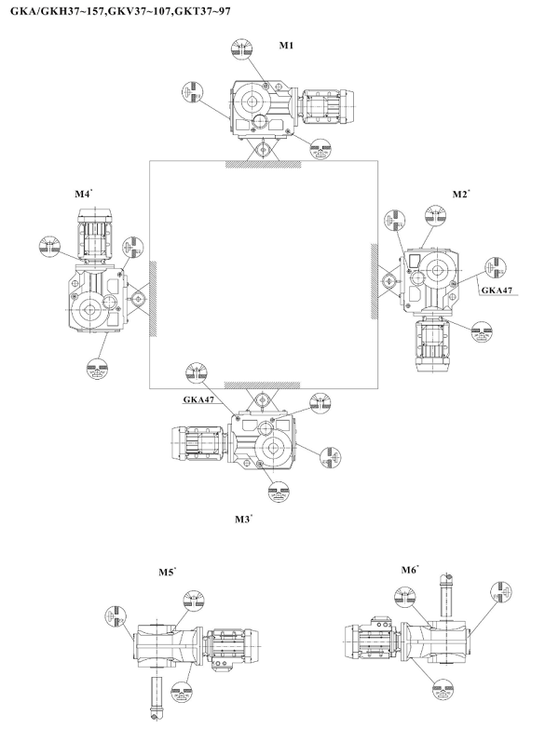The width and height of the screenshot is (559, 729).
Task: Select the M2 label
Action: tap(459, 195)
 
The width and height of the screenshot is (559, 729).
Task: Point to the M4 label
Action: tap(83, 195)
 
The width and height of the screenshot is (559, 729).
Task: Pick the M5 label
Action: tap(167, 573)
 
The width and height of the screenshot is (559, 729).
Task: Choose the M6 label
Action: tap(409, 570)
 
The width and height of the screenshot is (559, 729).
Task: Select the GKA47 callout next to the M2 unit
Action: tap(496, 290)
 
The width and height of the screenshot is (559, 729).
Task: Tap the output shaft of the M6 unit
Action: tap(445, 592)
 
